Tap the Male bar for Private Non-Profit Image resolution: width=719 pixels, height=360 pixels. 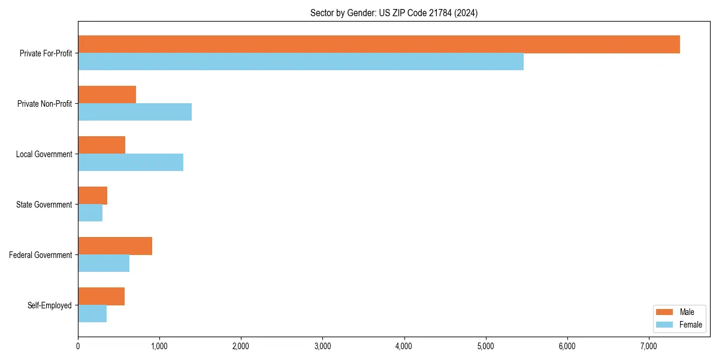click(x=107, y=95)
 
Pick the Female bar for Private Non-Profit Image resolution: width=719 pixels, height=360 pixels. click(x=135, y=112)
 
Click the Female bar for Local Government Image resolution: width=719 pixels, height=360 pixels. click(x=131, y=163)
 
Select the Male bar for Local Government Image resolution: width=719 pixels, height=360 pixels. click(x=102, y=145)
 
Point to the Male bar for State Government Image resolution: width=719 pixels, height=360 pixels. click(x=93, y=196)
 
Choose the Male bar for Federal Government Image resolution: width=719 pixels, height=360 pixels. click(x=115, y=246)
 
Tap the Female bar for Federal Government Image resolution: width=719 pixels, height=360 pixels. click(x=104, y=263)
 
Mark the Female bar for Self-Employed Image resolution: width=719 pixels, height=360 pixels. click(x=92, y=314)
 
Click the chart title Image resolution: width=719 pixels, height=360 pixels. click(x=394, y=13)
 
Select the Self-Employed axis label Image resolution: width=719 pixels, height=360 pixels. click(x=50, y=305)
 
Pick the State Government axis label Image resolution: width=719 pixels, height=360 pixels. click(x=44, y=205)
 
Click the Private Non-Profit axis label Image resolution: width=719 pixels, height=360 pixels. click(x=44, y=104)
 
